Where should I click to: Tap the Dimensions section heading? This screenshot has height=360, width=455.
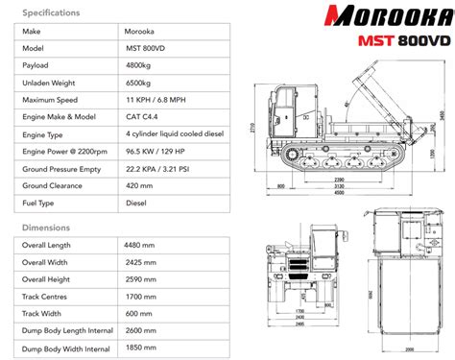47,228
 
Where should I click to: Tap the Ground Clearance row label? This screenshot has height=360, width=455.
57,186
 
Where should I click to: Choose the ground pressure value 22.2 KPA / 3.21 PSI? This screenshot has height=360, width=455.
162,169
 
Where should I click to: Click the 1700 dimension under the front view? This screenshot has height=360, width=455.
299,311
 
